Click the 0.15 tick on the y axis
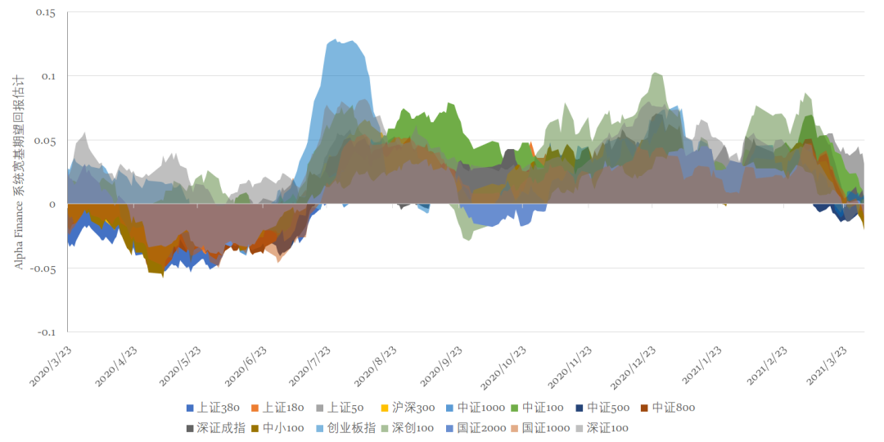(x=46, y=13)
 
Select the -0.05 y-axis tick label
(x=44, y=268)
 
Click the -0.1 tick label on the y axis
(x=47, y=331)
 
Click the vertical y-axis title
(x=19, y=172)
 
